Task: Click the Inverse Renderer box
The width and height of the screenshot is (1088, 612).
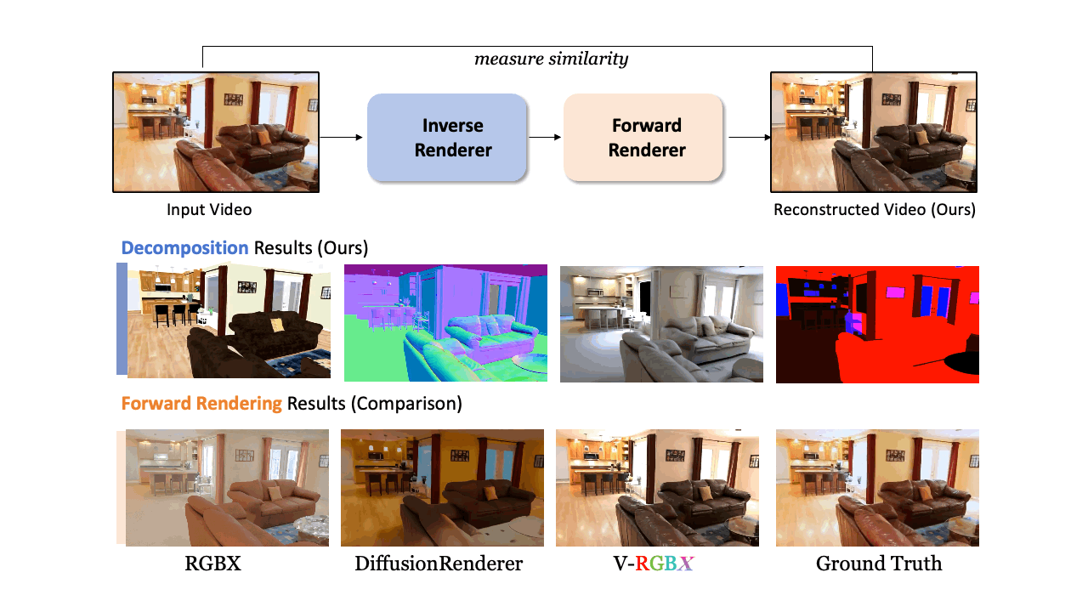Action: pos(446,138)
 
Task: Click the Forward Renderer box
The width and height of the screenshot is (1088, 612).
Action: pos(643,138)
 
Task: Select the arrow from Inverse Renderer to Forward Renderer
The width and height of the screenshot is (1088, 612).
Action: pos(545,137)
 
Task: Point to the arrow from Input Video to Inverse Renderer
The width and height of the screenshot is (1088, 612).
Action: pos(343,137)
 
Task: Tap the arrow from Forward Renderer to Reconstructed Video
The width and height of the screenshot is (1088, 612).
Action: pos(746,137)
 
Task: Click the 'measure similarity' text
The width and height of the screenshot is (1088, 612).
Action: pos(551,59)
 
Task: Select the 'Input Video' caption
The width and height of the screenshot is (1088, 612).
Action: pos(209,209)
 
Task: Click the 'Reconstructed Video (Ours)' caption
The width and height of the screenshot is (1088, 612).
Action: pos(874,209)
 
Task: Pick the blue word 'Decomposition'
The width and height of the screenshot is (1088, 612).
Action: pos(184,248)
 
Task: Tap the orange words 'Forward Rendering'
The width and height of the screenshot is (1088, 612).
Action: pos(201,403)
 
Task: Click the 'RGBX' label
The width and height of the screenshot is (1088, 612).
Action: pos(212,563)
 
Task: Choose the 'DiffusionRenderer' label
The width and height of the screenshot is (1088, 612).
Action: pos(439,563)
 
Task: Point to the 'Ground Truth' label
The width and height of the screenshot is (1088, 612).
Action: pos(879,563)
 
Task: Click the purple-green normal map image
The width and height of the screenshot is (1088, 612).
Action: pos(445,323)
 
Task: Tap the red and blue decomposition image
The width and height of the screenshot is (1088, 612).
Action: pos(877,324)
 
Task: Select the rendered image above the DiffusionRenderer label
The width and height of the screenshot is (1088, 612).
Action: pos(442,487)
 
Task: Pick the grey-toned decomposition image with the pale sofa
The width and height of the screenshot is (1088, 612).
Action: pos(661,323)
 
